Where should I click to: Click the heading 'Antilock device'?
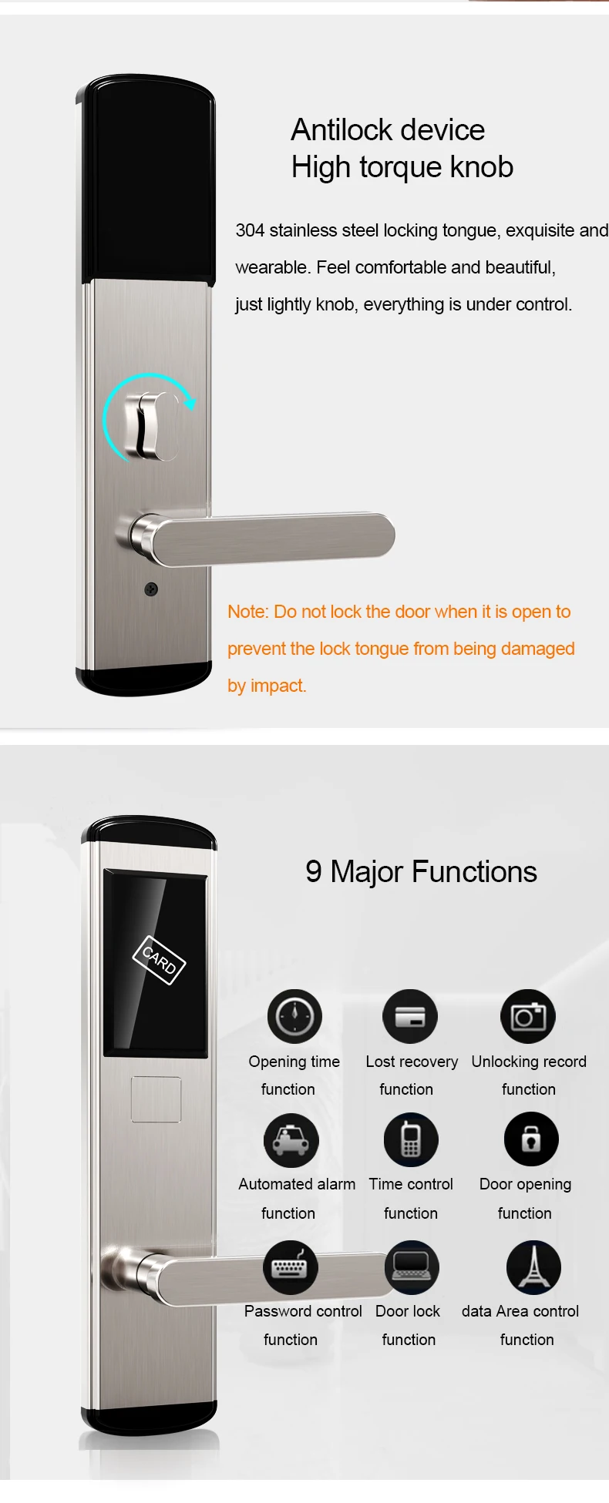(388, 130)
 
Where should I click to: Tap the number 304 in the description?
(250, 230)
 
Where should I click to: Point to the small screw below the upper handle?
(151, 589)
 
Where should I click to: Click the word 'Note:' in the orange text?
(248, 612)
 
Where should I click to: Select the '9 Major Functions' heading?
(421, 872)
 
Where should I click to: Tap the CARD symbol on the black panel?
(159, 960)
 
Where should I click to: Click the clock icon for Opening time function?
(294, 1017)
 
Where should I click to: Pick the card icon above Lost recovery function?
(410, 1017)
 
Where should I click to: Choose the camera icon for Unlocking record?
(528, 1017)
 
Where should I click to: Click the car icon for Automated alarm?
(291, 1140)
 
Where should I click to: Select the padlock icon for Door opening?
(531, 1139)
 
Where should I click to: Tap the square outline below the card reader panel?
(156, 1099)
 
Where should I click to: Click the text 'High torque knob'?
(402, 168)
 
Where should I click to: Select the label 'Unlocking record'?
(529, 1062)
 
